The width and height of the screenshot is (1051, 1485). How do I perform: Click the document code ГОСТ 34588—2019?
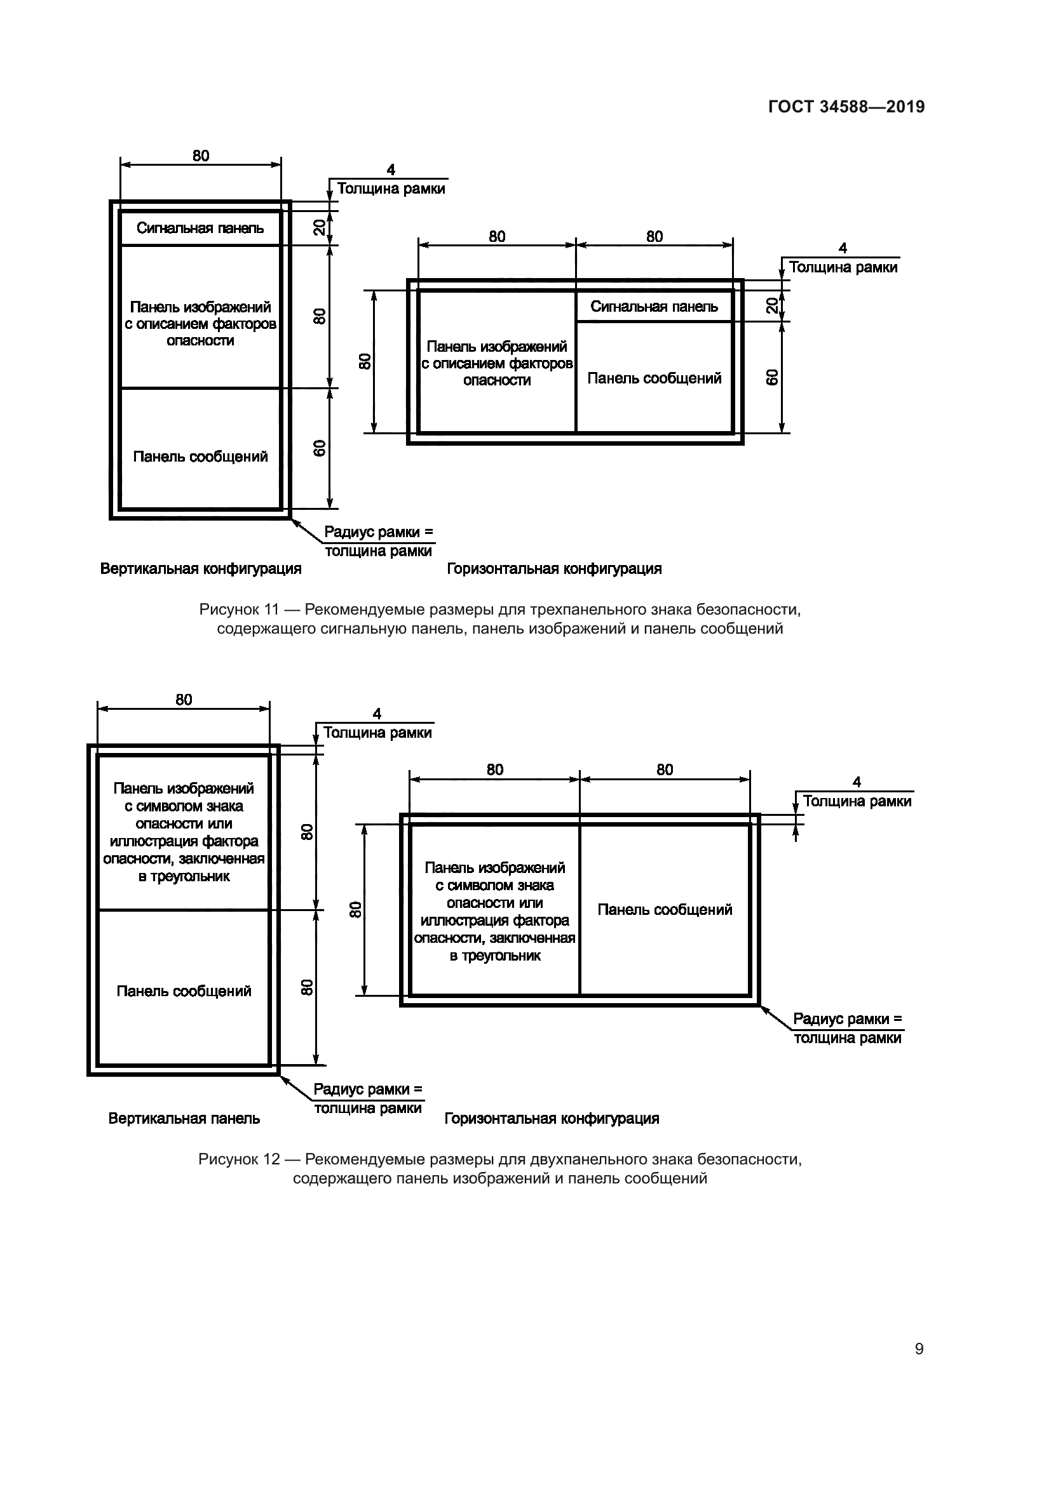coord(846,107)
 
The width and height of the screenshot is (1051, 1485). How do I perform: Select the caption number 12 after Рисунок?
coord(271,1159)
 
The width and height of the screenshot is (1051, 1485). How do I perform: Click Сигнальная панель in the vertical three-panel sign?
coord(200,229)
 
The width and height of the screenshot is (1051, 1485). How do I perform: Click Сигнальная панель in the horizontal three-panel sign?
coord(654,307)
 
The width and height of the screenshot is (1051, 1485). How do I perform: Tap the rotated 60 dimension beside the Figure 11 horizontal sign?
coord(771,378)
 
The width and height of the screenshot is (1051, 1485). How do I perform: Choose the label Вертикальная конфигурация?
coord(201,569)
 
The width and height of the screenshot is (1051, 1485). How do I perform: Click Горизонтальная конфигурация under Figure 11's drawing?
coord(554,569)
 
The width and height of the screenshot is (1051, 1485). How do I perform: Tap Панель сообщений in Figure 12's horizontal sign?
coord(665,910)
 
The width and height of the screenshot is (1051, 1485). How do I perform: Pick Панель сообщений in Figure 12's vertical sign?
coord(184,991)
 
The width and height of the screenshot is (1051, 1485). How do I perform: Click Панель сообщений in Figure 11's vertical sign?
coord(200,457)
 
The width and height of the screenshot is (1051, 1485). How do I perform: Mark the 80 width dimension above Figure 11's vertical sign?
coord(201,156)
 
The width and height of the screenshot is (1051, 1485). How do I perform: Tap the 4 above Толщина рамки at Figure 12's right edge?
coord(856,782)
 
